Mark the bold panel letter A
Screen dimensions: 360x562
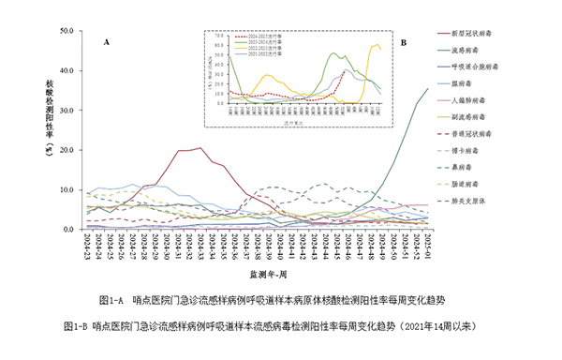click(107, 43)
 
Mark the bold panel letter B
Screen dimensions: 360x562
click(404, 43)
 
